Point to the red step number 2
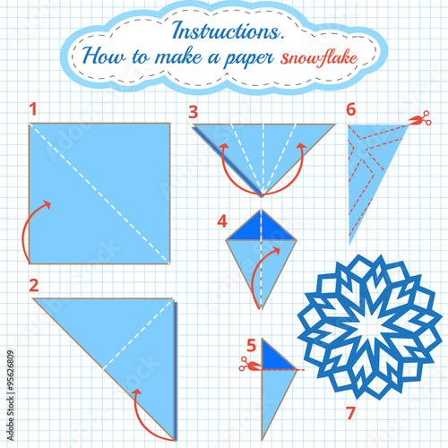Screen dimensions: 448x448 click(33, 287)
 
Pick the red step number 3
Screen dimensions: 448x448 click(193, 111)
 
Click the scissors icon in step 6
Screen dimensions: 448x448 click(418, 118)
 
